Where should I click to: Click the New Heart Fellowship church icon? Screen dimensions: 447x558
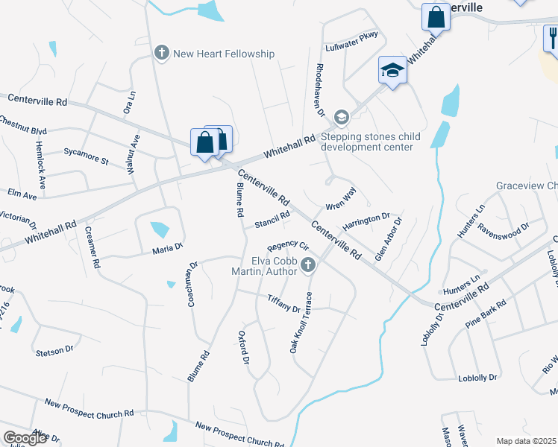(161, 53)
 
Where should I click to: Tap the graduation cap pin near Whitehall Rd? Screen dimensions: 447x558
(392, 71)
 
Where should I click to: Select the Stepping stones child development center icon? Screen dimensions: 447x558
(341, 116)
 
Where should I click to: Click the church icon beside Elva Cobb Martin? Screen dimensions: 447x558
(307, 264)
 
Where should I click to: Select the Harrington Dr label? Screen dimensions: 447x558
(366, 221)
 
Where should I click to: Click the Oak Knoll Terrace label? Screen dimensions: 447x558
(301, 322)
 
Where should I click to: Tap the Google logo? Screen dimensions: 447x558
(25, 438)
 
